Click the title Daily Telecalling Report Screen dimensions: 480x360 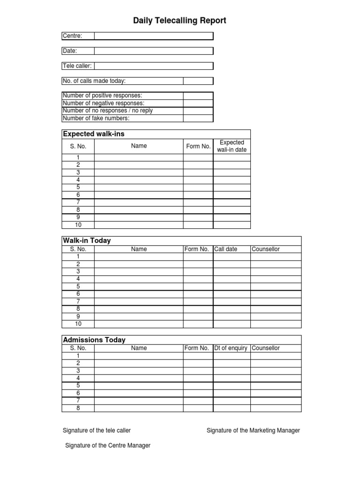[x=180, y=21]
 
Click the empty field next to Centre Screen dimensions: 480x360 [x=153, y=36]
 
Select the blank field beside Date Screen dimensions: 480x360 [x=153, y=51]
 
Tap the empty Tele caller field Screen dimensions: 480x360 [x=153, y=66]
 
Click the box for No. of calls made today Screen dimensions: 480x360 [x=198, y=81]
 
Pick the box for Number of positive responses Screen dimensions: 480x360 [x=198, y=96]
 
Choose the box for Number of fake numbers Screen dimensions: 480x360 [x=198, y=118]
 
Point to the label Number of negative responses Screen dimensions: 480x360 [x=104, y=103]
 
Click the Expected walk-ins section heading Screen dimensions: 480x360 [x=94, y=134]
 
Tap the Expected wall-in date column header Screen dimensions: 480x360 [x=232, y=146]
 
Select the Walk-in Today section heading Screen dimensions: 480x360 [x=87, y=240]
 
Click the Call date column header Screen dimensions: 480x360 [x=226, y=249]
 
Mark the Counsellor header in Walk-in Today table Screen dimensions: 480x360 [x=266, y=249]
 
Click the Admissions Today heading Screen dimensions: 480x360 [x=94, y=340]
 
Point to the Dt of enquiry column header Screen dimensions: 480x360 [x=231, y=348]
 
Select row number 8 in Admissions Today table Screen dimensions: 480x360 [x=78, y=408]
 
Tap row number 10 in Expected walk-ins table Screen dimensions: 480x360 [x=78, y=225]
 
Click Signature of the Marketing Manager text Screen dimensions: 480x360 [x=253, y=430]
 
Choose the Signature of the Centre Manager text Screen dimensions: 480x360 [x=108, y=446]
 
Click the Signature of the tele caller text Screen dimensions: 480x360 [x=97, y=430]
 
